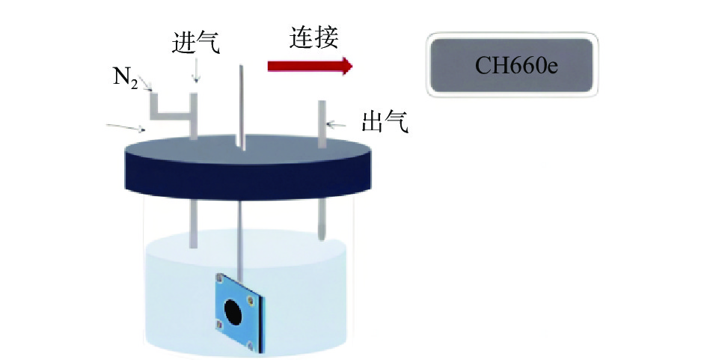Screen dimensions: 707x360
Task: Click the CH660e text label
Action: point(516,65)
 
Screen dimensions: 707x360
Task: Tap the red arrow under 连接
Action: point(310,66)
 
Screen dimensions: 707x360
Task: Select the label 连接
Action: point(313,37)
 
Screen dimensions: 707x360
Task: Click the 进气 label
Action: point(196,43)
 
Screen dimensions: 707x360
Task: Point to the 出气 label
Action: point(385,122)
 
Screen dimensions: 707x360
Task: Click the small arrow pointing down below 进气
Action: point(196,71)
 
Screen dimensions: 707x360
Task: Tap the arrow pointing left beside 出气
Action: point(336,124)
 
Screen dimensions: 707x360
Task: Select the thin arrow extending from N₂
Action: point(145,84)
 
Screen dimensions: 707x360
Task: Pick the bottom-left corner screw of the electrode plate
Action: point(219,324)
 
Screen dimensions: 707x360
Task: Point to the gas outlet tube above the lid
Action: point(322,124)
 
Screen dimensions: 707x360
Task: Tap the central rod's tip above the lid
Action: point(241,67)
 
